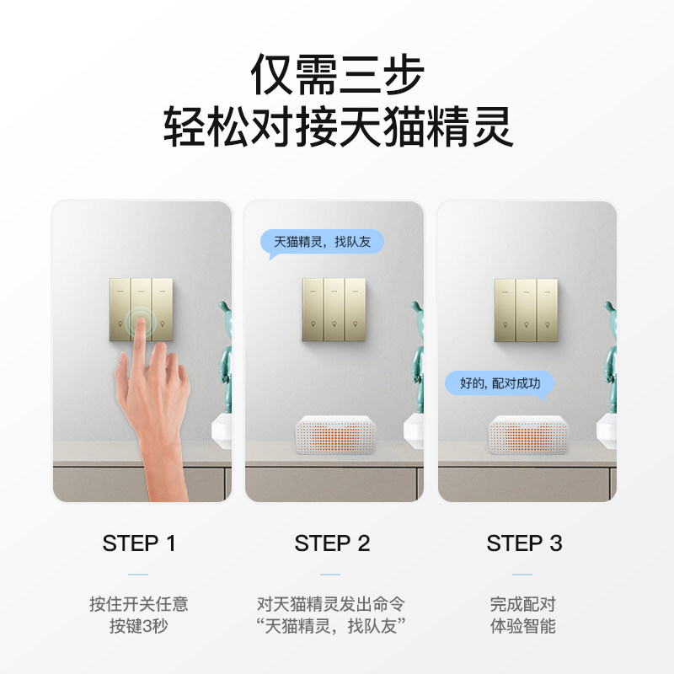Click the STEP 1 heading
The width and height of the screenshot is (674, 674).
(139, 543)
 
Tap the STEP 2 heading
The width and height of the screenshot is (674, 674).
(332, 543)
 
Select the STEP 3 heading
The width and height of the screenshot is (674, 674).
(524, 543)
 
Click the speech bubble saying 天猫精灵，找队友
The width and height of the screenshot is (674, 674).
(322, 243)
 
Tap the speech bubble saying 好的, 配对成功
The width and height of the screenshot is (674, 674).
(500, 383)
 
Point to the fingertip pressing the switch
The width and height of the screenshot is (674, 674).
(139, 323)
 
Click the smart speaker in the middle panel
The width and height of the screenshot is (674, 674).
(334, 435)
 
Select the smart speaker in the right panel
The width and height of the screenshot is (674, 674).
(528, 435)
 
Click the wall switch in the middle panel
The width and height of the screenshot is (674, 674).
(334, 309)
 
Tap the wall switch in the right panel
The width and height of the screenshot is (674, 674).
(526, 310)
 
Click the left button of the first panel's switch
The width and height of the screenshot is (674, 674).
(120, 309)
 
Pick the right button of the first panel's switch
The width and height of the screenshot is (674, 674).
(163, 309)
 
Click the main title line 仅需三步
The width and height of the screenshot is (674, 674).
(337, 74)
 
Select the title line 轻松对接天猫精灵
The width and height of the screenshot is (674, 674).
(338, 126)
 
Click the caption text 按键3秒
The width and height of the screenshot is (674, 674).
(138, 626)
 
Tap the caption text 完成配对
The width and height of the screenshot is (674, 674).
(523, 604)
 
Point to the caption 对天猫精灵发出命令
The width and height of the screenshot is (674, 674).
(331, 604)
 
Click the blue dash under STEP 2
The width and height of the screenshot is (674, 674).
(330, 575)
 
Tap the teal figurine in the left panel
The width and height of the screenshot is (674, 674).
(225, 356)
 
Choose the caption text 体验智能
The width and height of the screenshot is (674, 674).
(523, 626)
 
